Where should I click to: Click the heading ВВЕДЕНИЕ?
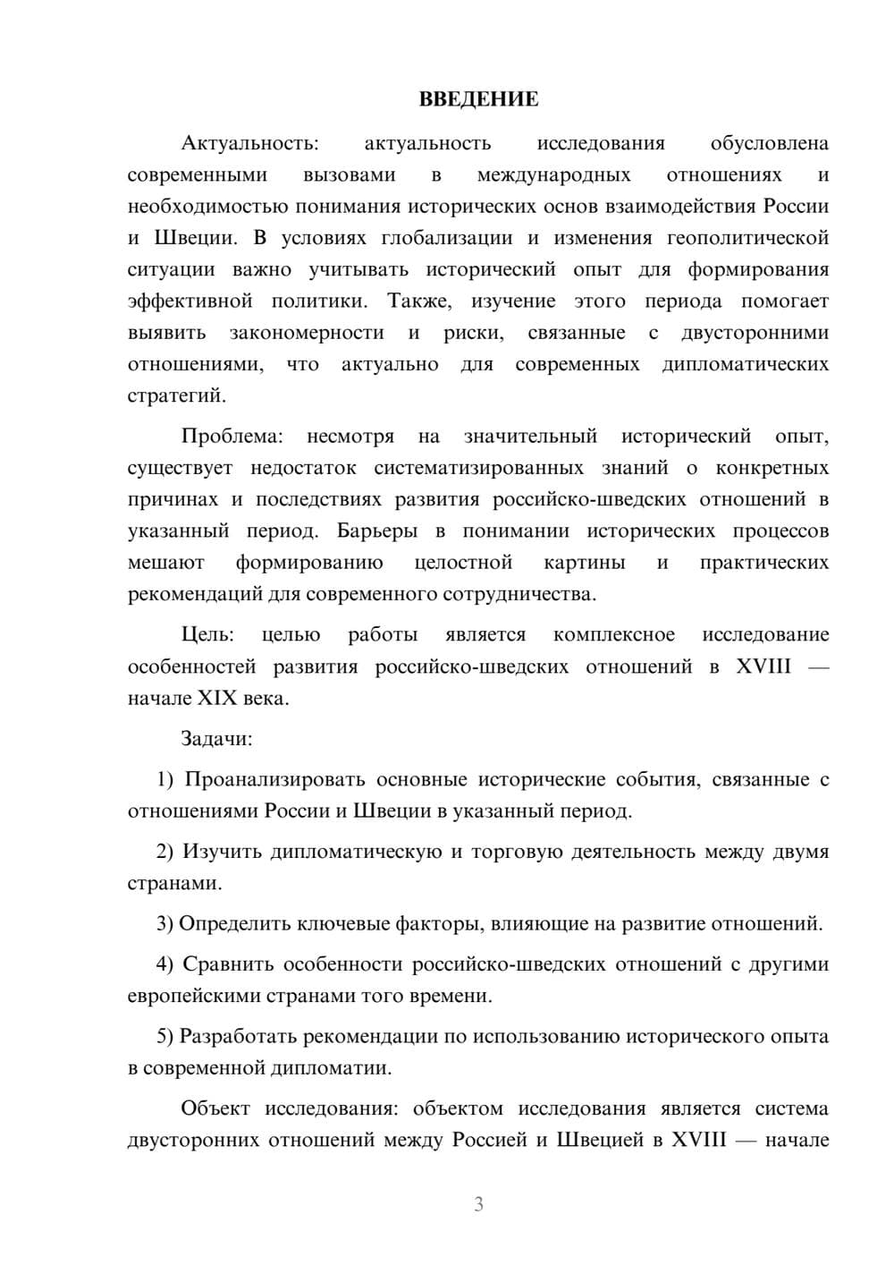[x=478, y=99]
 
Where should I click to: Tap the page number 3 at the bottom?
[x=478, y=1204]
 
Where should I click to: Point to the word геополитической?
[x=747, y=238]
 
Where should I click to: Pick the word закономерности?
[x=307, y=333]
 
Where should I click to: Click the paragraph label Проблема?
[x=232, y=437]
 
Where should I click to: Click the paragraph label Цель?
[x=207, y=634]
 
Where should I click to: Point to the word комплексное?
[x=614, y=634]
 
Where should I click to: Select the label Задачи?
[x=216, y=739]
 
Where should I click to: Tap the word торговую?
[x=519, y=851]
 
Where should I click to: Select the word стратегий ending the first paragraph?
[x=176, y=395]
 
